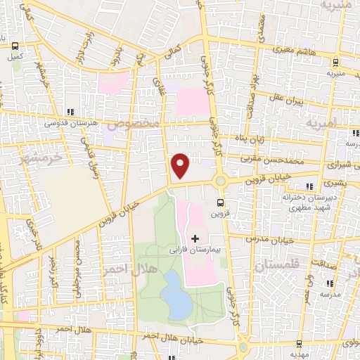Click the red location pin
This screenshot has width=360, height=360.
coord(181,165)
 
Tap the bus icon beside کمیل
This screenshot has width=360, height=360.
coord(15,46)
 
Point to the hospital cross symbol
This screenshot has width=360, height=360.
coord(195,239)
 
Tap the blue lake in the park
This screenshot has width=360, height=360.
coord(176,292)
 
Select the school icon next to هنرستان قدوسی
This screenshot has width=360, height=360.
coord(70,112)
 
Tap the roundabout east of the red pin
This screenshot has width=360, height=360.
coord(221,181)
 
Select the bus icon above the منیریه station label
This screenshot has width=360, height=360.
coord(330,62)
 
